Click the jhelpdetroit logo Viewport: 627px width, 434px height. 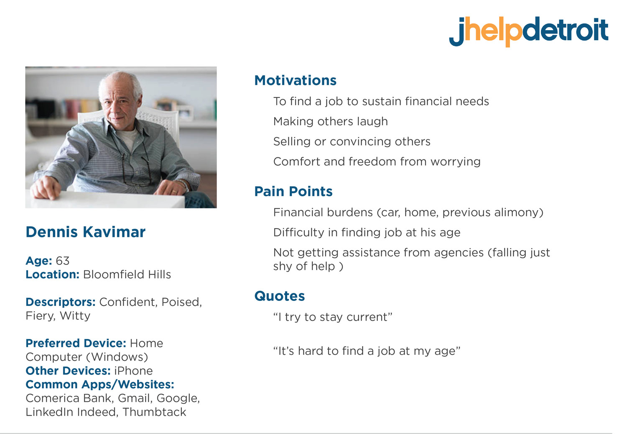(528, 32)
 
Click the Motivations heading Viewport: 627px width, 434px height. (295, 80)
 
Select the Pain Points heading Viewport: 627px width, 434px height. (293, 191)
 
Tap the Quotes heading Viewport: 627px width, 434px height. (279, 296)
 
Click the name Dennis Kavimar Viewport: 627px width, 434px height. (85, 232)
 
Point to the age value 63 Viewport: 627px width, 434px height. (62, 261)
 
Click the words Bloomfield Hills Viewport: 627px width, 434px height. (127, 275)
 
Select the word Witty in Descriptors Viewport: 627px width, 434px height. (75, 316)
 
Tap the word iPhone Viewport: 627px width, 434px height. (133, 371)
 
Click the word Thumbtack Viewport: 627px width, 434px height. (154, 412)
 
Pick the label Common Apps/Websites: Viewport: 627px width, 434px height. (99, 385)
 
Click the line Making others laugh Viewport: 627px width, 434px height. (331, 122)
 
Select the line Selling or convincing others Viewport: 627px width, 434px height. (352, 141)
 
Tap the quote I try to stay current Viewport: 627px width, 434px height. (333, 317)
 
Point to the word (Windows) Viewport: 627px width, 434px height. (117, 357)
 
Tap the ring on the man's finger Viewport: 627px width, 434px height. (174, 192)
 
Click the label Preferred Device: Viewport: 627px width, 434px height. (76, 344)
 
